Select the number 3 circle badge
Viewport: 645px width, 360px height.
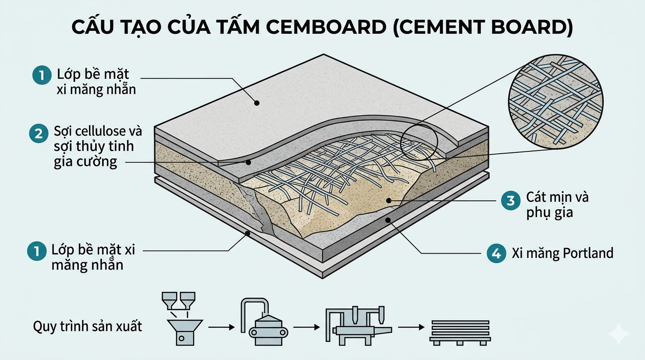point(510,201)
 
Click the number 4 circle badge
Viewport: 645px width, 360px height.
point(496,254)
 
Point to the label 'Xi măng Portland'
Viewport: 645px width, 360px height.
point(562,254)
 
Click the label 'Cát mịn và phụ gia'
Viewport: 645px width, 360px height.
point(557,204)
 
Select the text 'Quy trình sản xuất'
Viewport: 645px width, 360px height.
point(87,326)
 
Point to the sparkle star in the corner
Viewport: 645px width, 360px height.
point(618,333)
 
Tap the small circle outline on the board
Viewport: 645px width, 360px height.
point(419,140)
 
